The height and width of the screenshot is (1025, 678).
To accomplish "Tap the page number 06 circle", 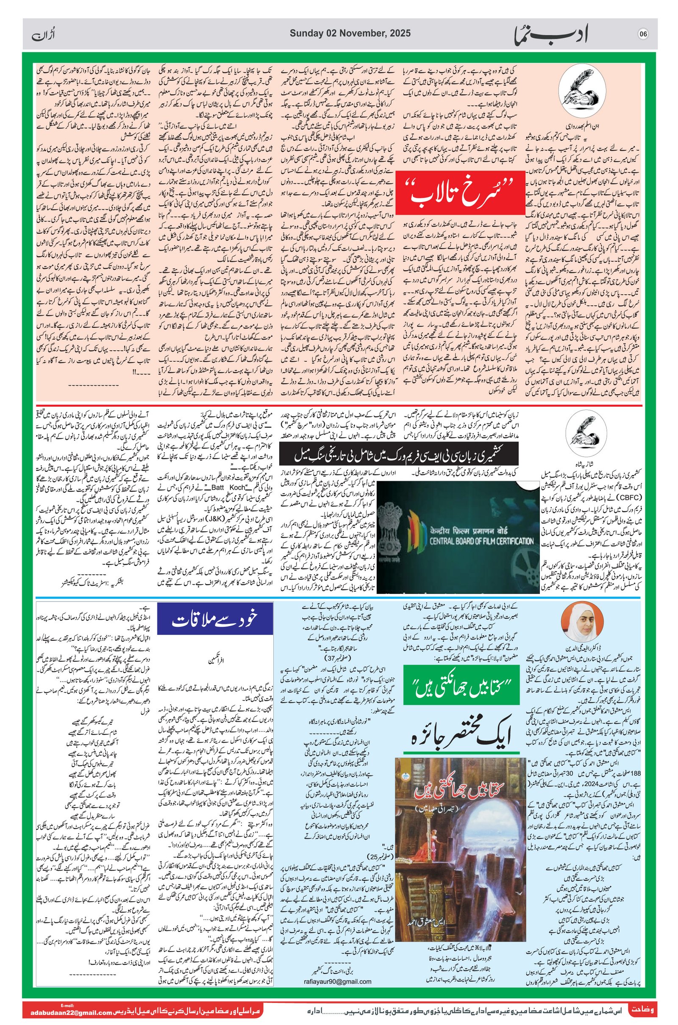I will (x=643, y=35).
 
